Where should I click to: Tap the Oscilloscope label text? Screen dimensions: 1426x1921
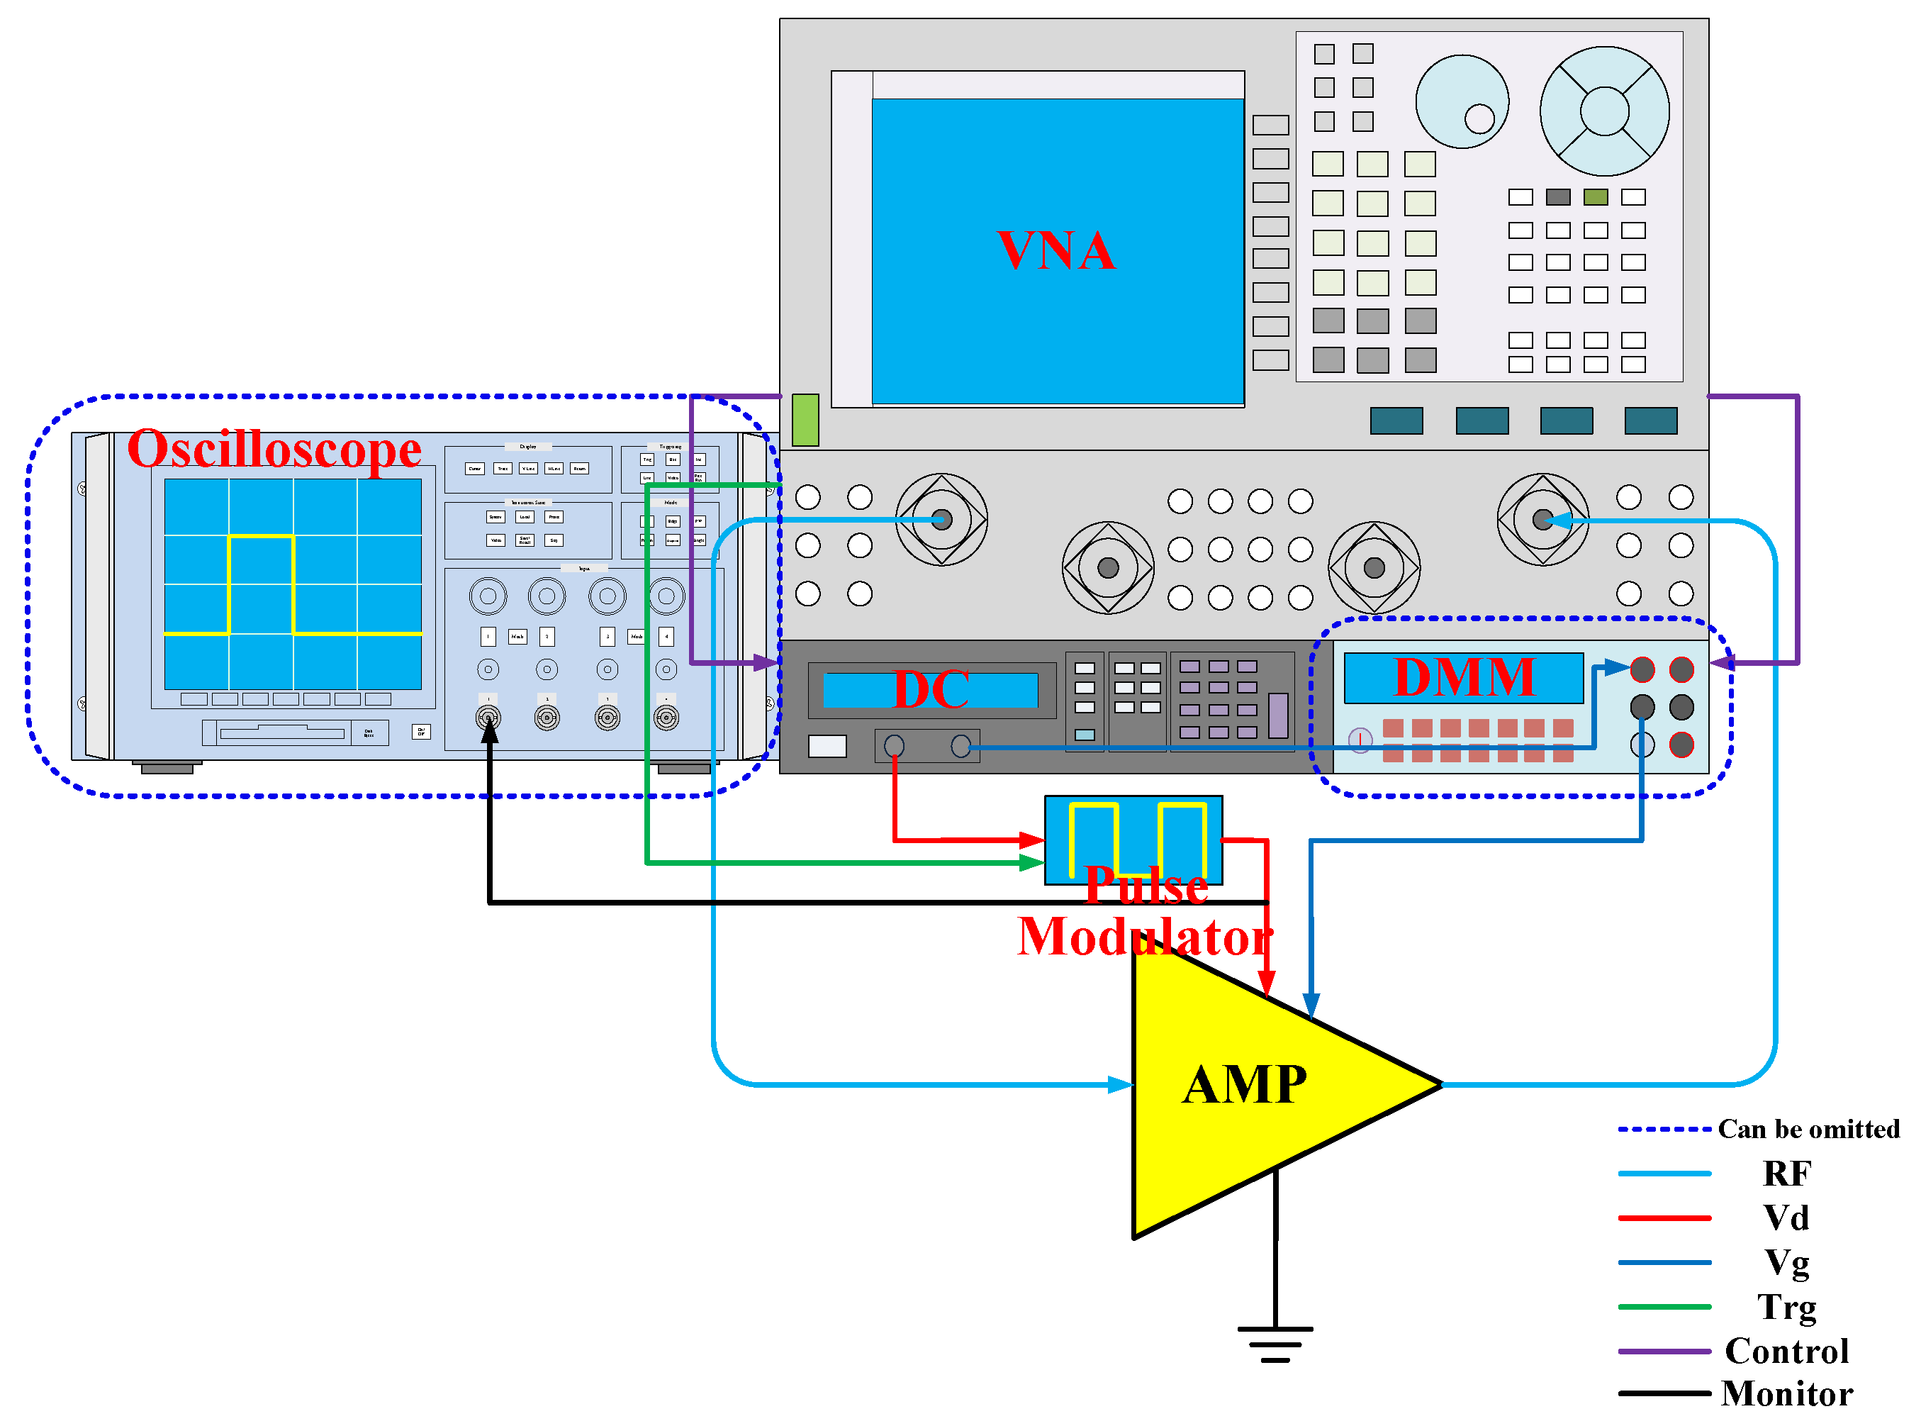coord(274,450)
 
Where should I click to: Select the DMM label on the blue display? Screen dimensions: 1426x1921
coord(1464,678)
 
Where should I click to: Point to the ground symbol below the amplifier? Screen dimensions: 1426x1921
coord(1275,1343)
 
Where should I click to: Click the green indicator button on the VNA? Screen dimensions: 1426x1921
coord(805,420)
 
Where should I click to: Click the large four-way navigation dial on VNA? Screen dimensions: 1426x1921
coord(1603,111)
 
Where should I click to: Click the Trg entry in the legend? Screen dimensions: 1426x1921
coord(1786,1307)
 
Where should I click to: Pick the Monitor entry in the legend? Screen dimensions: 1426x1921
coord(1786,1393)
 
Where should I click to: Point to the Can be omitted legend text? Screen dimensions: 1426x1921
coord(1808,1129)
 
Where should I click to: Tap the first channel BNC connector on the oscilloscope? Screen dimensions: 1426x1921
coord(488,718)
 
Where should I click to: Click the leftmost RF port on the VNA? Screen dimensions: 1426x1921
coord(941,520)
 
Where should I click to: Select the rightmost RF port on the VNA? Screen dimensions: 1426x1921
coord(1542,520)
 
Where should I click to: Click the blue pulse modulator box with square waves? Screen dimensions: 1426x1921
coord(1133,839)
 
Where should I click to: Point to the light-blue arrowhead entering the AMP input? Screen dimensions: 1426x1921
coord(1120,1084)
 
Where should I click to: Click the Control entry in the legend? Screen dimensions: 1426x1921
coord(1786,1351)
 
